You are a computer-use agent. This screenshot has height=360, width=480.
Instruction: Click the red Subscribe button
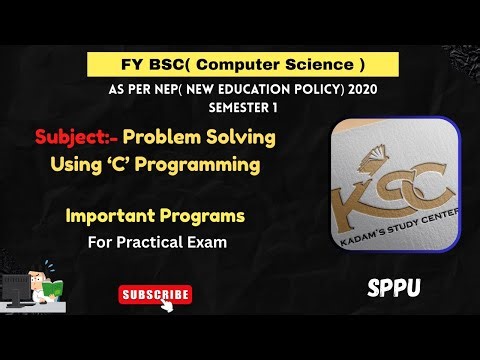(x=155, y=295)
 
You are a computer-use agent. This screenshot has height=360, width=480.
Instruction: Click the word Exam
(x=205, y=241)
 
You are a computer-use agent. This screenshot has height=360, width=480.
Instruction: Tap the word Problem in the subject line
(x=160, y=136)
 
